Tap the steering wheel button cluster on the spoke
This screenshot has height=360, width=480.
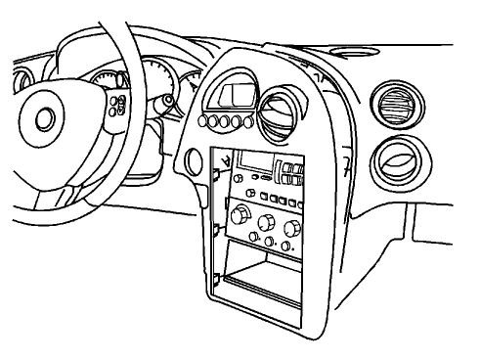[120, 105]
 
